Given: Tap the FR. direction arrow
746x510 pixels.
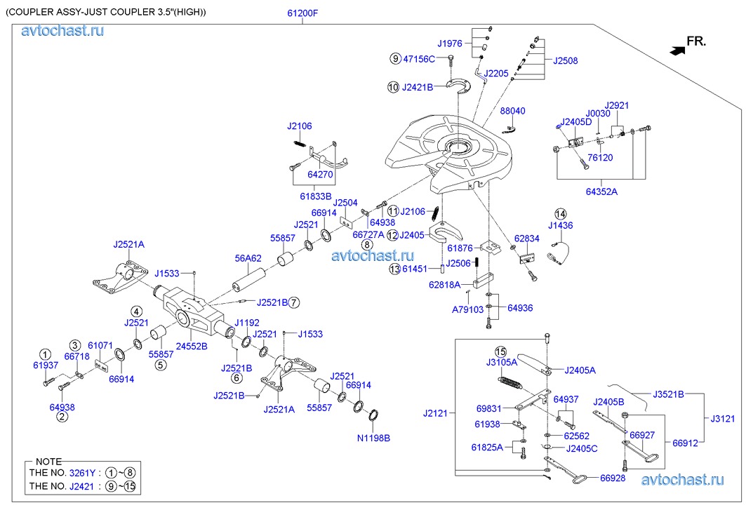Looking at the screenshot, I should pos(678,50).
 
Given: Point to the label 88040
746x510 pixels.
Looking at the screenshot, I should pos(512,111).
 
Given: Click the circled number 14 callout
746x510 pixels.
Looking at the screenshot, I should pos(560,213).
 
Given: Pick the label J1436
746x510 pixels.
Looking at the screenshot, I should pos(560,225).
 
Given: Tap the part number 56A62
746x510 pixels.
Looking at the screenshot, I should pos(248,258).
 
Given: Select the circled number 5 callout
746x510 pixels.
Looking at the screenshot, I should pos(161,364).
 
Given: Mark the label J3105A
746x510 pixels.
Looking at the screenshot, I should pos(501,362).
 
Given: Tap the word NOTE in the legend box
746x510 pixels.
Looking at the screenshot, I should pos(48,462).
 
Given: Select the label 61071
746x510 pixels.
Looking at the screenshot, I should pos(100,345).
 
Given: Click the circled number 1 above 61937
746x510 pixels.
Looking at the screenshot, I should pos(45,354).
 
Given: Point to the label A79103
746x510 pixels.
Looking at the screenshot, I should pos(467,309).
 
